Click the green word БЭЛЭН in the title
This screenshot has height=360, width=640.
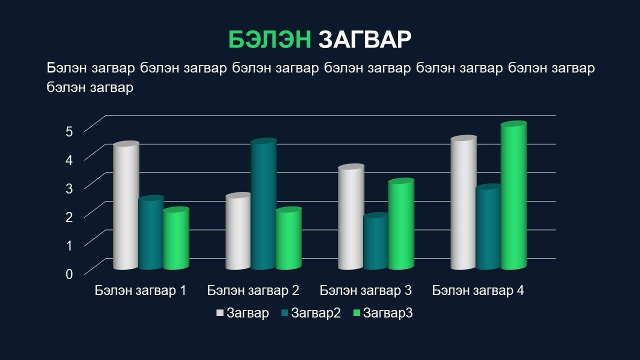point(269,39)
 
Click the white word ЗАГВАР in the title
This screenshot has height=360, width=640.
point(365,39)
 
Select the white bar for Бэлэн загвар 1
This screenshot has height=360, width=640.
point(126,205)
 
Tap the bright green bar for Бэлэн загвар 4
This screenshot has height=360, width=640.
point(513,195)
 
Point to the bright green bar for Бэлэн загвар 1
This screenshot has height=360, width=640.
point(176,238)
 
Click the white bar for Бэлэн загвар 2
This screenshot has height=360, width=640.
point(238,231)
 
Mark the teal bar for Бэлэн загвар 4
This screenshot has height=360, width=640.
point(489,226)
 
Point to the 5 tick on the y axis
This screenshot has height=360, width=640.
point(69,131)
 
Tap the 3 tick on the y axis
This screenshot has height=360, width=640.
point(69,188)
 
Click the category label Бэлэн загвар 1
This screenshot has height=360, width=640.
point(140,290)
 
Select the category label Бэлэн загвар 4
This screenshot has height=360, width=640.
point(478,290)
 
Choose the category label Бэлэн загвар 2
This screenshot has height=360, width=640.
point(253,290)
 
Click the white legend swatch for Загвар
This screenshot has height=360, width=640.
point(219,313)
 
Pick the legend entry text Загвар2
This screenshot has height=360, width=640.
point(315,313)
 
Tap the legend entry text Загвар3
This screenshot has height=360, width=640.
point(387,313)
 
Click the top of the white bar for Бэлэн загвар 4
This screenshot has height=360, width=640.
point(463,138)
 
